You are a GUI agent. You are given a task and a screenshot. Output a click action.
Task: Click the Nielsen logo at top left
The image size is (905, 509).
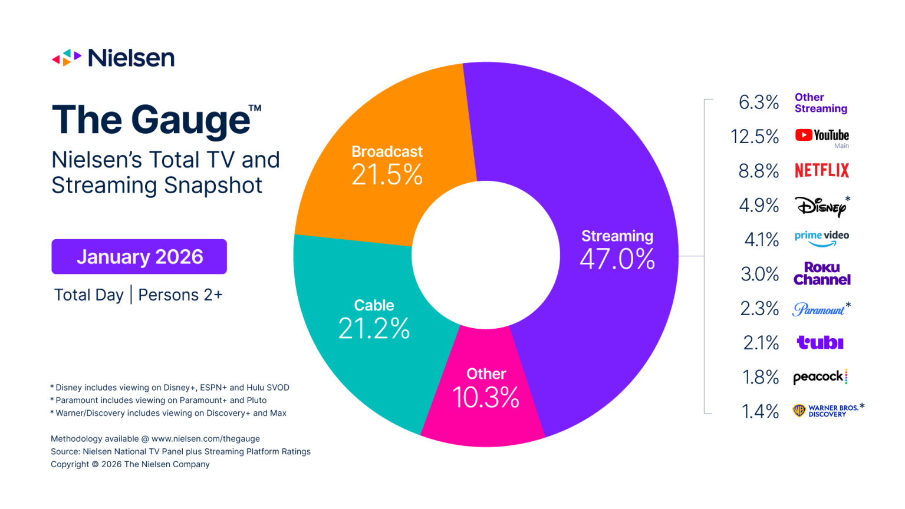coord(113,58)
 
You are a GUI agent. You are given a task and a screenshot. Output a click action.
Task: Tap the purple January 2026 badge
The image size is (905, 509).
coord(139,257)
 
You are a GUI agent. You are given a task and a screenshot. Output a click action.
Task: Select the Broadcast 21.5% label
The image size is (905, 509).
coord(387,165)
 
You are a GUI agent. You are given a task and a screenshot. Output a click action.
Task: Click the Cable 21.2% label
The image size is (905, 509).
coord(374,319)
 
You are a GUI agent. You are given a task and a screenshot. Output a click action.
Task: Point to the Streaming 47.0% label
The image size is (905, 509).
coord(617,250)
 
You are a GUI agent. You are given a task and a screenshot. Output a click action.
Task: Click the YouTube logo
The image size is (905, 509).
coord(822,135)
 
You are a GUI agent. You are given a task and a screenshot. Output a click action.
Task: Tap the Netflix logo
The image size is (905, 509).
coord(822,171)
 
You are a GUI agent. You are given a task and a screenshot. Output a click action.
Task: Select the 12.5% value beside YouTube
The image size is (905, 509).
coord(755,137)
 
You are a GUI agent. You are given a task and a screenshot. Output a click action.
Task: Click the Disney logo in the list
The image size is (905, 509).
coord(822,206)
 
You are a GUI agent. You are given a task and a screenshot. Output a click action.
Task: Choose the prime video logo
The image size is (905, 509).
coord(822,238)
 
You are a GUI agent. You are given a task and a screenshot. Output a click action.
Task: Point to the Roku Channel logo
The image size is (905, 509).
coord(822,274)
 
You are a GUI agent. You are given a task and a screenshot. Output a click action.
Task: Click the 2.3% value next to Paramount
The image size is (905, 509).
coord(759,309)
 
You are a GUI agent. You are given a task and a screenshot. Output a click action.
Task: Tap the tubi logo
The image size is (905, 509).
coord(820,342)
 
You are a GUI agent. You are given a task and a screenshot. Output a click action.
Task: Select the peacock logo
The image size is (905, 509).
coord(820,377)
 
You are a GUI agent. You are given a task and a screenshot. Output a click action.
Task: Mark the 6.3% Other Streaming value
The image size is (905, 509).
coord(759,103)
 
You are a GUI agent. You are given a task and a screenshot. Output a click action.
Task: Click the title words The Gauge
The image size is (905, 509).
coord(152,120)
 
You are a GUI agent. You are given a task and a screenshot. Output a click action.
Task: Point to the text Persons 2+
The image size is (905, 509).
coord(180,295)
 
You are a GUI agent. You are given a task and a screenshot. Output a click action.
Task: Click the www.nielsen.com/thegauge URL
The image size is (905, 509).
coord(205,439)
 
